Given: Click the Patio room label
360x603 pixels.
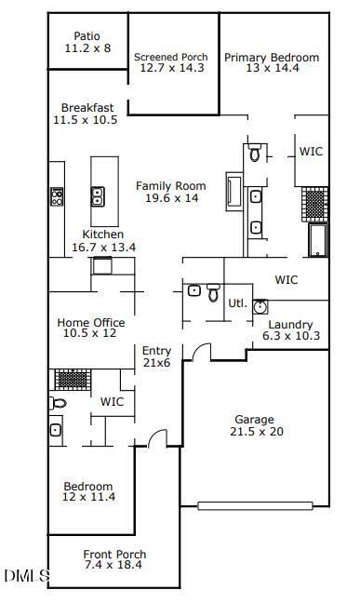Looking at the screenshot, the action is pyautogui.click(x=87, y=36).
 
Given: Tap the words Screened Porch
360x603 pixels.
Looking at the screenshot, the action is pyautogui.click(x=171, y=57).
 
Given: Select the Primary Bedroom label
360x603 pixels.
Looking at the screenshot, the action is pyautogui.click(x=272, y=58).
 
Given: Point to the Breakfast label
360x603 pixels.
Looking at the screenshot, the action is pyautogui.click(x=87, y=107).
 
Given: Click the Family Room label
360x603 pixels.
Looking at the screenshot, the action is pyautogui.click(x=171, y=186).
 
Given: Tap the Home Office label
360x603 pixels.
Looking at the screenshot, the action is pyautogui.click(x=91, y=323).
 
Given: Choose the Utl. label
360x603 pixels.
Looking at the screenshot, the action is pyautogui.click(x=237, y=302).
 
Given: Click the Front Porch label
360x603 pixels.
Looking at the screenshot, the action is pyautogui.click(x=114, y=555).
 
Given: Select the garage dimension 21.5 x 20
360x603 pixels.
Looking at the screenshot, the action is pyautogui.click(x=257, y=432).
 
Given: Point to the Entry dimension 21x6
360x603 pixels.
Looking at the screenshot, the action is pyautogui.click(x=156, y=362).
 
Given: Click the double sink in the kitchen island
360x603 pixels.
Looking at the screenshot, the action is pyautogui.click(x=98, y=195).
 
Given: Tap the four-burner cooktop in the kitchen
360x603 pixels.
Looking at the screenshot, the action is pyautogui.click(x=57, y=196).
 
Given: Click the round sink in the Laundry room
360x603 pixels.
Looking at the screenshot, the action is pyautogui.click(x=260, y=306).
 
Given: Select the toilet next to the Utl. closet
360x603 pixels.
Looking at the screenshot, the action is pyautogui.click(x=213, y=292).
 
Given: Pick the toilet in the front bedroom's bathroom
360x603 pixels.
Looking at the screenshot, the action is pyautogui.click(x=58, y=404).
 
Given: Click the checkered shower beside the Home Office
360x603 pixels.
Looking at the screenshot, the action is pyautogui.click(x=73, y=380).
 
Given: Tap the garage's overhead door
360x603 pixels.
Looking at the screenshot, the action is pyautogui.click(x=255, y=505).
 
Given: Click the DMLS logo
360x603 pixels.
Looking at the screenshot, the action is pyautogui.click(x=27, y=575).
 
